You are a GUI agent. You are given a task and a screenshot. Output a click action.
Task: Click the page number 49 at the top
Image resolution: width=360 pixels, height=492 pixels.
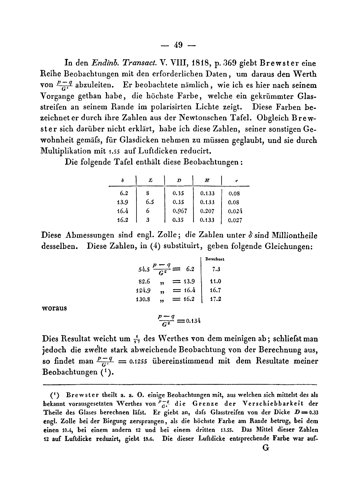(x=178, y=45)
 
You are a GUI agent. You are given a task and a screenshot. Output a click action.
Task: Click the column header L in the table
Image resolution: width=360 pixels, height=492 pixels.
(x=150, y=180)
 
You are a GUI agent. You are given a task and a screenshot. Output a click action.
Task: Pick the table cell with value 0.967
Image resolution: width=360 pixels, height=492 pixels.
(x=180, y=211)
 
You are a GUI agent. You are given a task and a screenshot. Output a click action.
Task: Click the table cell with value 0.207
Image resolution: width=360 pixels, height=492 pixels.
(x=207, y=211)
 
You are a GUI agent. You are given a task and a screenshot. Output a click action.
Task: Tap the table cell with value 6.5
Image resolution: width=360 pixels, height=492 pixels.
(x=150, y=202)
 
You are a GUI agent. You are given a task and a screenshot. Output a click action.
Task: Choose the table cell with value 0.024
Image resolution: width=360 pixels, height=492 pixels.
(x=235, y=211)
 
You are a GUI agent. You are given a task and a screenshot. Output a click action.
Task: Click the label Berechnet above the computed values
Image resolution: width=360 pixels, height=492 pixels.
(x=214, y=259)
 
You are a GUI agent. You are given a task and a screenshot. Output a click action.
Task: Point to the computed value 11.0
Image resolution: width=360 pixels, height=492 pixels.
(x=215, y=281)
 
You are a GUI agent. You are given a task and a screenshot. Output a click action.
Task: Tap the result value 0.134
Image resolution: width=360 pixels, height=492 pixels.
(x=193, y=321)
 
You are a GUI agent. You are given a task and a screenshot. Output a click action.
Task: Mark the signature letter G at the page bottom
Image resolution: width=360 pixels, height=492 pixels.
(x=265, y=448)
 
